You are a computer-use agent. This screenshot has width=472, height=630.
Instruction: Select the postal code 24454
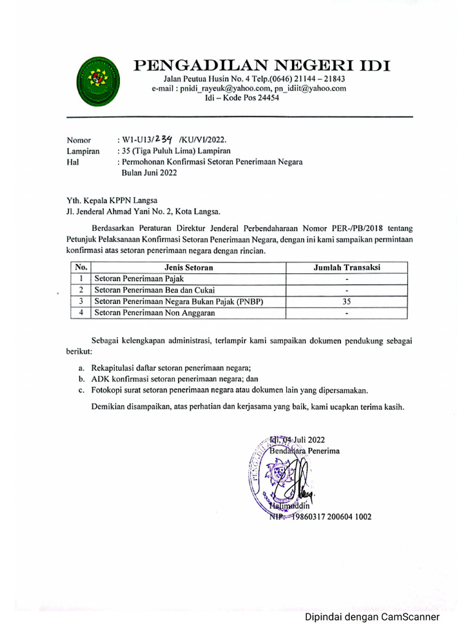click(x=265, y=98)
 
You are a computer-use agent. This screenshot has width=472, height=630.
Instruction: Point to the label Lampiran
click(x=82, y=151)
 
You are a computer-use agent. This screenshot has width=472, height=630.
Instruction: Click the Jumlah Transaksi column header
click(x=347, y=267)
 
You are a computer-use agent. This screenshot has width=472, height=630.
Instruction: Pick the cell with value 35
click(x=347, y=301)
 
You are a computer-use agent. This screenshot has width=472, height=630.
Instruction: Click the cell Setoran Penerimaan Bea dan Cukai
click(x=154, y=290)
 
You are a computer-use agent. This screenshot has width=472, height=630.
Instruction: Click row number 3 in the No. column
click(x=81, y=301)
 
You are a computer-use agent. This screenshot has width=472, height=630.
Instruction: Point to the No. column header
click(x=81, y=267)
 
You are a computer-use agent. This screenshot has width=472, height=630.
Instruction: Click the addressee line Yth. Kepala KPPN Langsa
click(x=112, y=201)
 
